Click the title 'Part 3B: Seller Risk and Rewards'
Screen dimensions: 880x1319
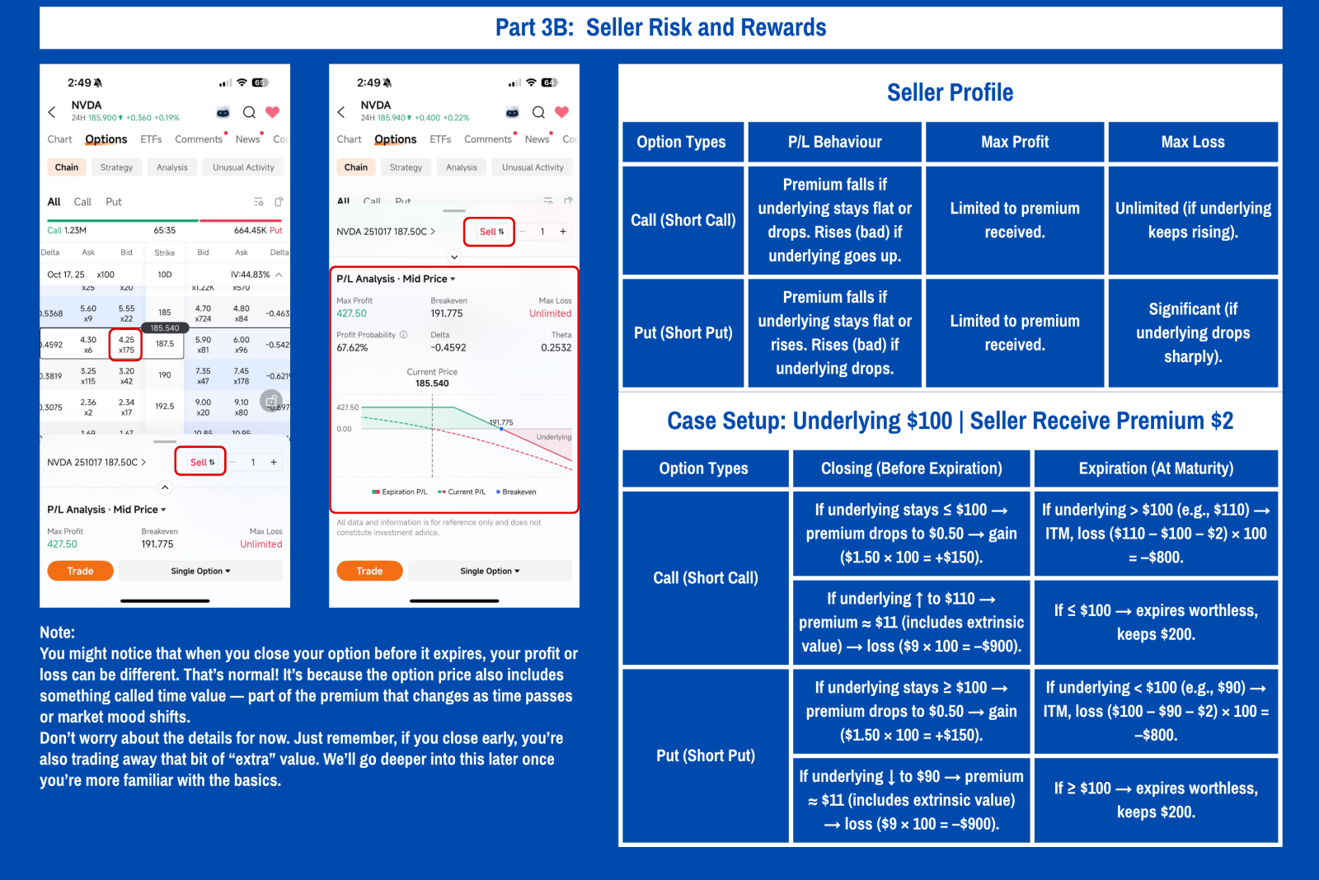point(660,28)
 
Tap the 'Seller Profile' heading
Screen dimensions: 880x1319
point(950,92)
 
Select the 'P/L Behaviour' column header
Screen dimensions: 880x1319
point(834,142)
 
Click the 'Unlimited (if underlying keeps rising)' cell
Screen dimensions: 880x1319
point(1193,220)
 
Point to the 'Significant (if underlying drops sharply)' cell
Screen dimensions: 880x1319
point(1193,332)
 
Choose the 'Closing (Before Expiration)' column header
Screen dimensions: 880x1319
point(911,468)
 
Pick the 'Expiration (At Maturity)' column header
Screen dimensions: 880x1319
point(1156,468)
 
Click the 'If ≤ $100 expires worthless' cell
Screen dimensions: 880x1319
point(1156,622)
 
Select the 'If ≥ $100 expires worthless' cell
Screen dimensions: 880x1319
point(1156,800)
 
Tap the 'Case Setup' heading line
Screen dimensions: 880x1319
point(950,421)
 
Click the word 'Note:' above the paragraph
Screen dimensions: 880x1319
point(57,633)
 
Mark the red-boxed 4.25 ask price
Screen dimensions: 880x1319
point(126,344)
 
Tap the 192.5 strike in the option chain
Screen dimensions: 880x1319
point(165,407)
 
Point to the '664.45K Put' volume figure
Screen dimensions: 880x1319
point(257,231)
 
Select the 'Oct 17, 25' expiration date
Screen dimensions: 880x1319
point(66,275)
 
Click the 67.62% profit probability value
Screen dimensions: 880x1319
point(352,348)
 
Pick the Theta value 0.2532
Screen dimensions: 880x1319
point(556,348)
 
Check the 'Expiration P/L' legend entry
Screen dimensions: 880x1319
point(400,492)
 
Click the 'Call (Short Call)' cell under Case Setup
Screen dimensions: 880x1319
point(706,578)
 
